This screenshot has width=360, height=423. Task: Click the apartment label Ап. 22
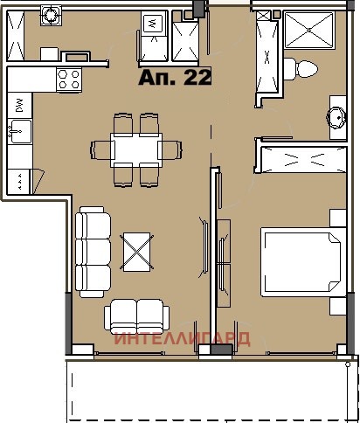click(x=175, y=77)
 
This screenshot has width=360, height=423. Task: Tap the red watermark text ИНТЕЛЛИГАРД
click(x=183, y=339)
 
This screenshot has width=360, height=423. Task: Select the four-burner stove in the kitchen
click(x=67, y=80)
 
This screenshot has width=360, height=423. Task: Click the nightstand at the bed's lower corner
click(x=336, y=307)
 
